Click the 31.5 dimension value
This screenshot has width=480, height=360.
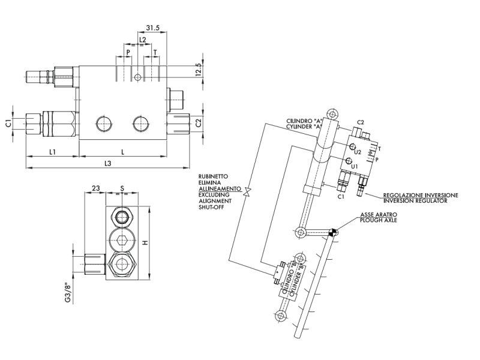coord(152,28)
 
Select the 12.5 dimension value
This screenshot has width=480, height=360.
coord(198,70)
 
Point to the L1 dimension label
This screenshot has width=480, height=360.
coord(52,152)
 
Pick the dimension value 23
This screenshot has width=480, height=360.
coord(95,188)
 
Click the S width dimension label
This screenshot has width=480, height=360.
coord(122,188)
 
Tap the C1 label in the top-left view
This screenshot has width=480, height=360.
coord(8,123)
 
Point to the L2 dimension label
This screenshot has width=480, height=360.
coord(142,39)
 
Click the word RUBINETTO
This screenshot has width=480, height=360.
coord(212,177)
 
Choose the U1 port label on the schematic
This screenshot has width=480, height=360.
coord(354,166)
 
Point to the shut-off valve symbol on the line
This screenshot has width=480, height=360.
coord(247,191)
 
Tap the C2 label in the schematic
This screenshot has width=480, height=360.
coord(361,122)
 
